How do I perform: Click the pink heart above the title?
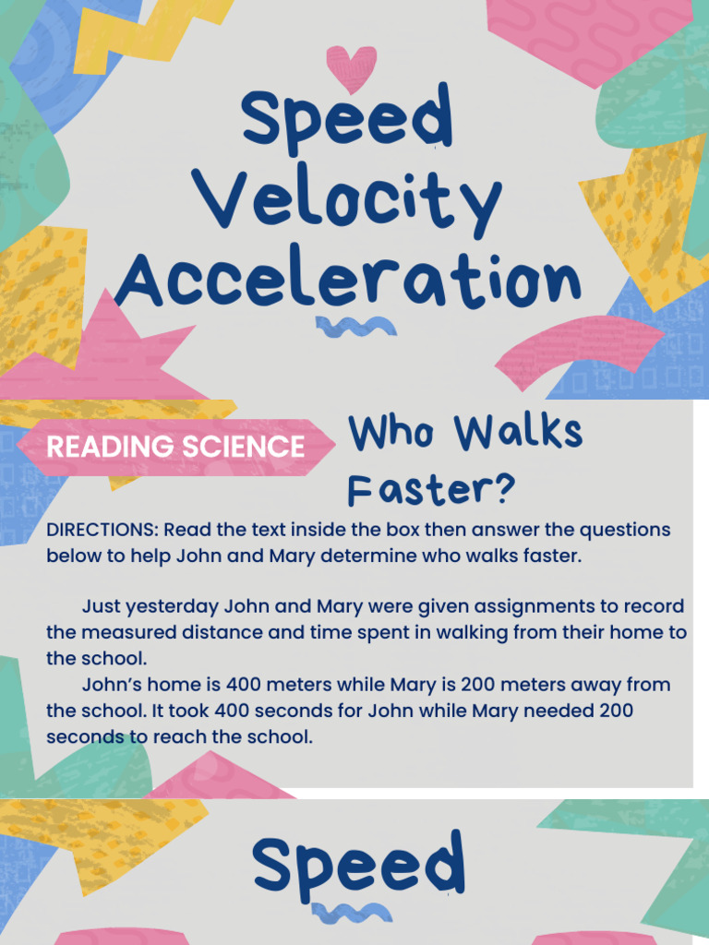352,68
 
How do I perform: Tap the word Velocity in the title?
351,201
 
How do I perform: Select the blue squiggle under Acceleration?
355,325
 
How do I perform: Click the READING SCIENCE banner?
175,448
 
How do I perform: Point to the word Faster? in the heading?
430,489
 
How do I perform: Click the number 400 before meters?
249,686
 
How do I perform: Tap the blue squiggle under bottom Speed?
352,914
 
